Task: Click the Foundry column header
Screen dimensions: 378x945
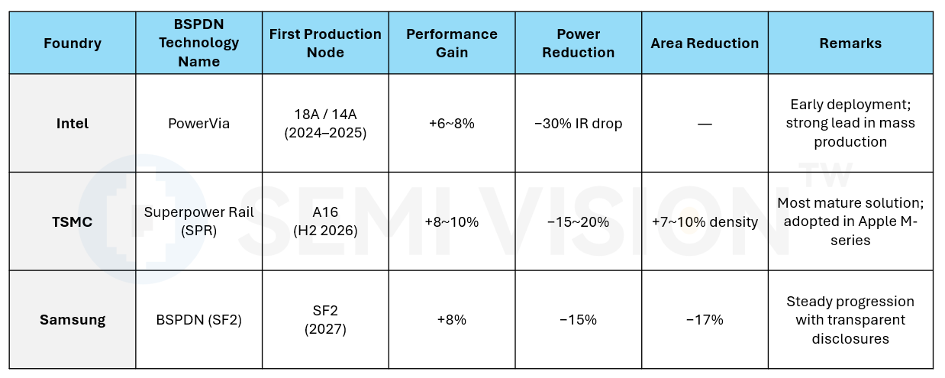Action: (x=73, y=44)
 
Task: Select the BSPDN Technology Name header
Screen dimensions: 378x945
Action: (x=198, y=44)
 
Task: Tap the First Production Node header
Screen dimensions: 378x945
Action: (x=325, y=44)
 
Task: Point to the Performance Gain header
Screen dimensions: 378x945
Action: (x=451, y=44)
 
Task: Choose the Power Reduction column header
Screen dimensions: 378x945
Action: (x=578, y=44)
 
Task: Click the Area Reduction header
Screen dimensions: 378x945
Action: (x=705, y=44)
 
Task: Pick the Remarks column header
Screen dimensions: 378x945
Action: (x=850, y=44)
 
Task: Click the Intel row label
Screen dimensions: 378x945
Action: (x=73, y=124)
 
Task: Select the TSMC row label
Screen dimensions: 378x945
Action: (x=73, y=222)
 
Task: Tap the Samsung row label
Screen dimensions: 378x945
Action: (x=73, y=320)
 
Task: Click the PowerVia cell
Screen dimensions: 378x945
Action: (x=198, y=124)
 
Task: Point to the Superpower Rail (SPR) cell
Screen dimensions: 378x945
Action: (x=198, y=221)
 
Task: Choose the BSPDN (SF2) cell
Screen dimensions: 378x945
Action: (x=198, y=320)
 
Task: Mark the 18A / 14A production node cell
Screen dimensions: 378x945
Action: (x=325, y=123)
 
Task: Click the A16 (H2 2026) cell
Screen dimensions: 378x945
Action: (x=325, y=221)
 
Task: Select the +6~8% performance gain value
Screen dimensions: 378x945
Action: (x=451, y=124)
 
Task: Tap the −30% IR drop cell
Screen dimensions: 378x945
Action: (x=578, y=124)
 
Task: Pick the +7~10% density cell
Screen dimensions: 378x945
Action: (x=705, y=222)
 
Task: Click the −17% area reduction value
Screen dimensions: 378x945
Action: (x=705, y=320)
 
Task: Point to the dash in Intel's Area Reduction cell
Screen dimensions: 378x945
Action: (x=705, y=124)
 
